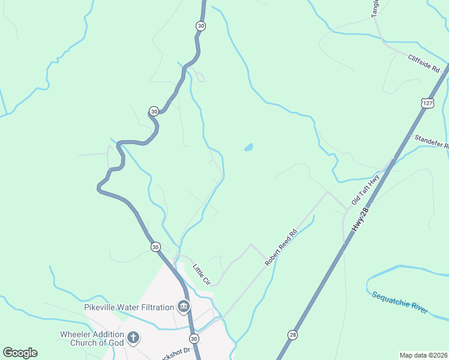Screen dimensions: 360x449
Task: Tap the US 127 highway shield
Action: (x=426, y=103)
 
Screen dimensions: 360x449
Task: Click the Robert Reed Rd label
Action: (x=282, y=247)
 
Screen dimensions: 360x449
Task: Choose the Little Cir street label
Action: (x=201, y=274)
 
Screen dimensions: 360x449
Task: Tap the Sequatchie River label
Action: (x=399, y=302)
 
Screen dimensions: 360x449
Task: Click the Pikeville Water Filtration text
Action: (x=129, y=308)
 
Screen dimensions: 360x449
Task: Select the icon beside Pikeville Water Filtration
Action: (x=184, y=308)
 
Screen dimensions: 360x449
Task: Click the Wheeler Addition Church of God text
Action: (x=92, y=338)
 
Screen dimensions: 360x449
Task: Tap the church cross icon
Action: (x=133, y=338)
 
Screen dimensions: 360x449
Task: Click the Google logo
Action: (x=20, y=353)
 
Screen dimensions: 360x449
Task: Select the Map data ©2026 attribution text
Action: (x=423, y=355)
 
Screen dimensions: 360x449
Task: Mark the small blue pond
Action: (x=248, y=147)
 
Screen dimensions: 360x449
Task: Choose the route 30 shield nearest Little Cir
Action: (x=155, y=247)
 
